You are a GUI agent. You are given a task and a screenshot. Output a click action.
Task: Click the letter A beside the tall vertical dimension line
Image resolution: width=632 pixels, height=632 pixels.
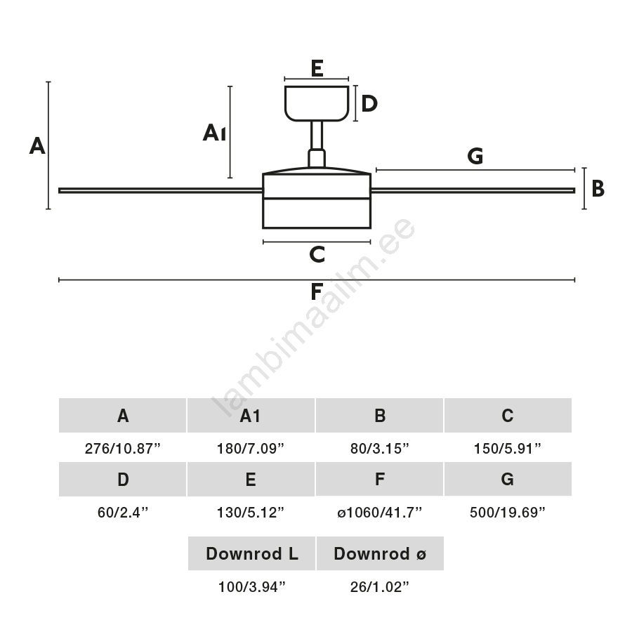[x=37, y=146]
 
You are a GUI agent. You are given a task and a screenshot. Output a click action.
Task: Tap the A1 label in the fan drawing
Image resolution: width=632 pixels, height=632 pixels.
[x=214, y=133]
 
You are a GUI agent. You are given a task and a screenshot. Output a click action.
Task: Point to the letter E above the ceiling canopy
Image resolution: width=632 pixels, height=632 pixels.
[x=317, y=68]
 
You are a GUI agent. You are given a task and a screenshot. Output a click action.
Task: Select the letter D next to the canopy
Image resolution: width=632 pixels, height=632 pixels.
[x=369, y=104]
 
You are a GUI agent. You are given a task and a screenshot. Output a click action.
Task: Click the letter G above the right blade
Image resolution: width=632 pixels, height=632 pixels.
[x=475, y=157]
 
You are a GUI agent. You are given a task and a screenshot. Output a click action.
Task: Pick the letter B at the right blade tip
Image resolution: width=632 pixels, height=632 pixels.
[x=598, y=188]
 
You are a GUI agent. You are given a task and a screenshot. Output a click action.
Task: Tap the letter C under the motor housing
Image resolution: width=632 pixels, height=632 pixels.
[x=317, y=254]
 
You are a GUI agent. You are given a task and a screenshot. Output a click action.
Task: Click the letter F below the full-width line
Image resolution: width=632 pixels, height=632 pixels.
[x=317, y=291]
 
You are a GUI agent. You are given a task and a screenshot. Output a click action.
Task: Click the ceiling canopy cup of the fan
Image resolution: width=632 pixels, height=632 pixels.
[x=317, y=103]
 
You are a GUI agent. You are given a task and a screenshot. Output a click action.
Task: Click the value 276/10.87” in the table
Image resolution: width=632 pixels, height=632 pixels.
[x=123, y=449]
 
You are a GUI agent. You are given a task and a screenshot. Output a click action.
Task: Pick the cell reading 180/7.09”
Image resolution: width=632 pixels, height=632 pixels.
[x=251, y=449]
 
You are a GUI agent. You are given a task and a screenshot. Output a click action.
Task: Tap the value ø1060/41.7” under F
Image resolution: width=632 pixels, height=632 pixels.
[x=379, y=513]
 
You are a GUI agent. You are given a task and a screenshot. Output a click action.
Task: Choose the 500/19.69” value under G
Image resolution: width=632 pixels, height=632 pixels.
[x=508, y=513]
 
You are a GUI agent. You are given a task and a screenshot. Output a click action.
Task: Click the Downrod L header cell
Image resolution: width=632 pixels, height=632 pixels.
[x=251, y=553]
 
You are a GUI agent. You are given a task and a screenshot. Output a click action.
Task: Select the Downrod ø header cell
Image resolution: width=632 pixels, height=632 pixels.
[x=380, y=553]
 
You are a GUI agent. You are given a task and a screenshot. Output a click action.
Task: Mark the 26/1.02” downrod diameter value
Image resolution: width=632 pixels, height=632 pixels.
[x=380, y=587]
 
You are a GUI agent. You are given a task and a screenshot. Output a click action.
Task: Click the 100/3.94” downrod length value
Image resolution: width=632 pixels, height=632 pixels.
[x=251, y=587]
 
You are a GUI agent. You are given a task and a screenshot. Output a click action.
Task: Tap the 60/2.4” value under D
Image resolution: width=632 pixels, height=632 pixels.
[x=123, y=513]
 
